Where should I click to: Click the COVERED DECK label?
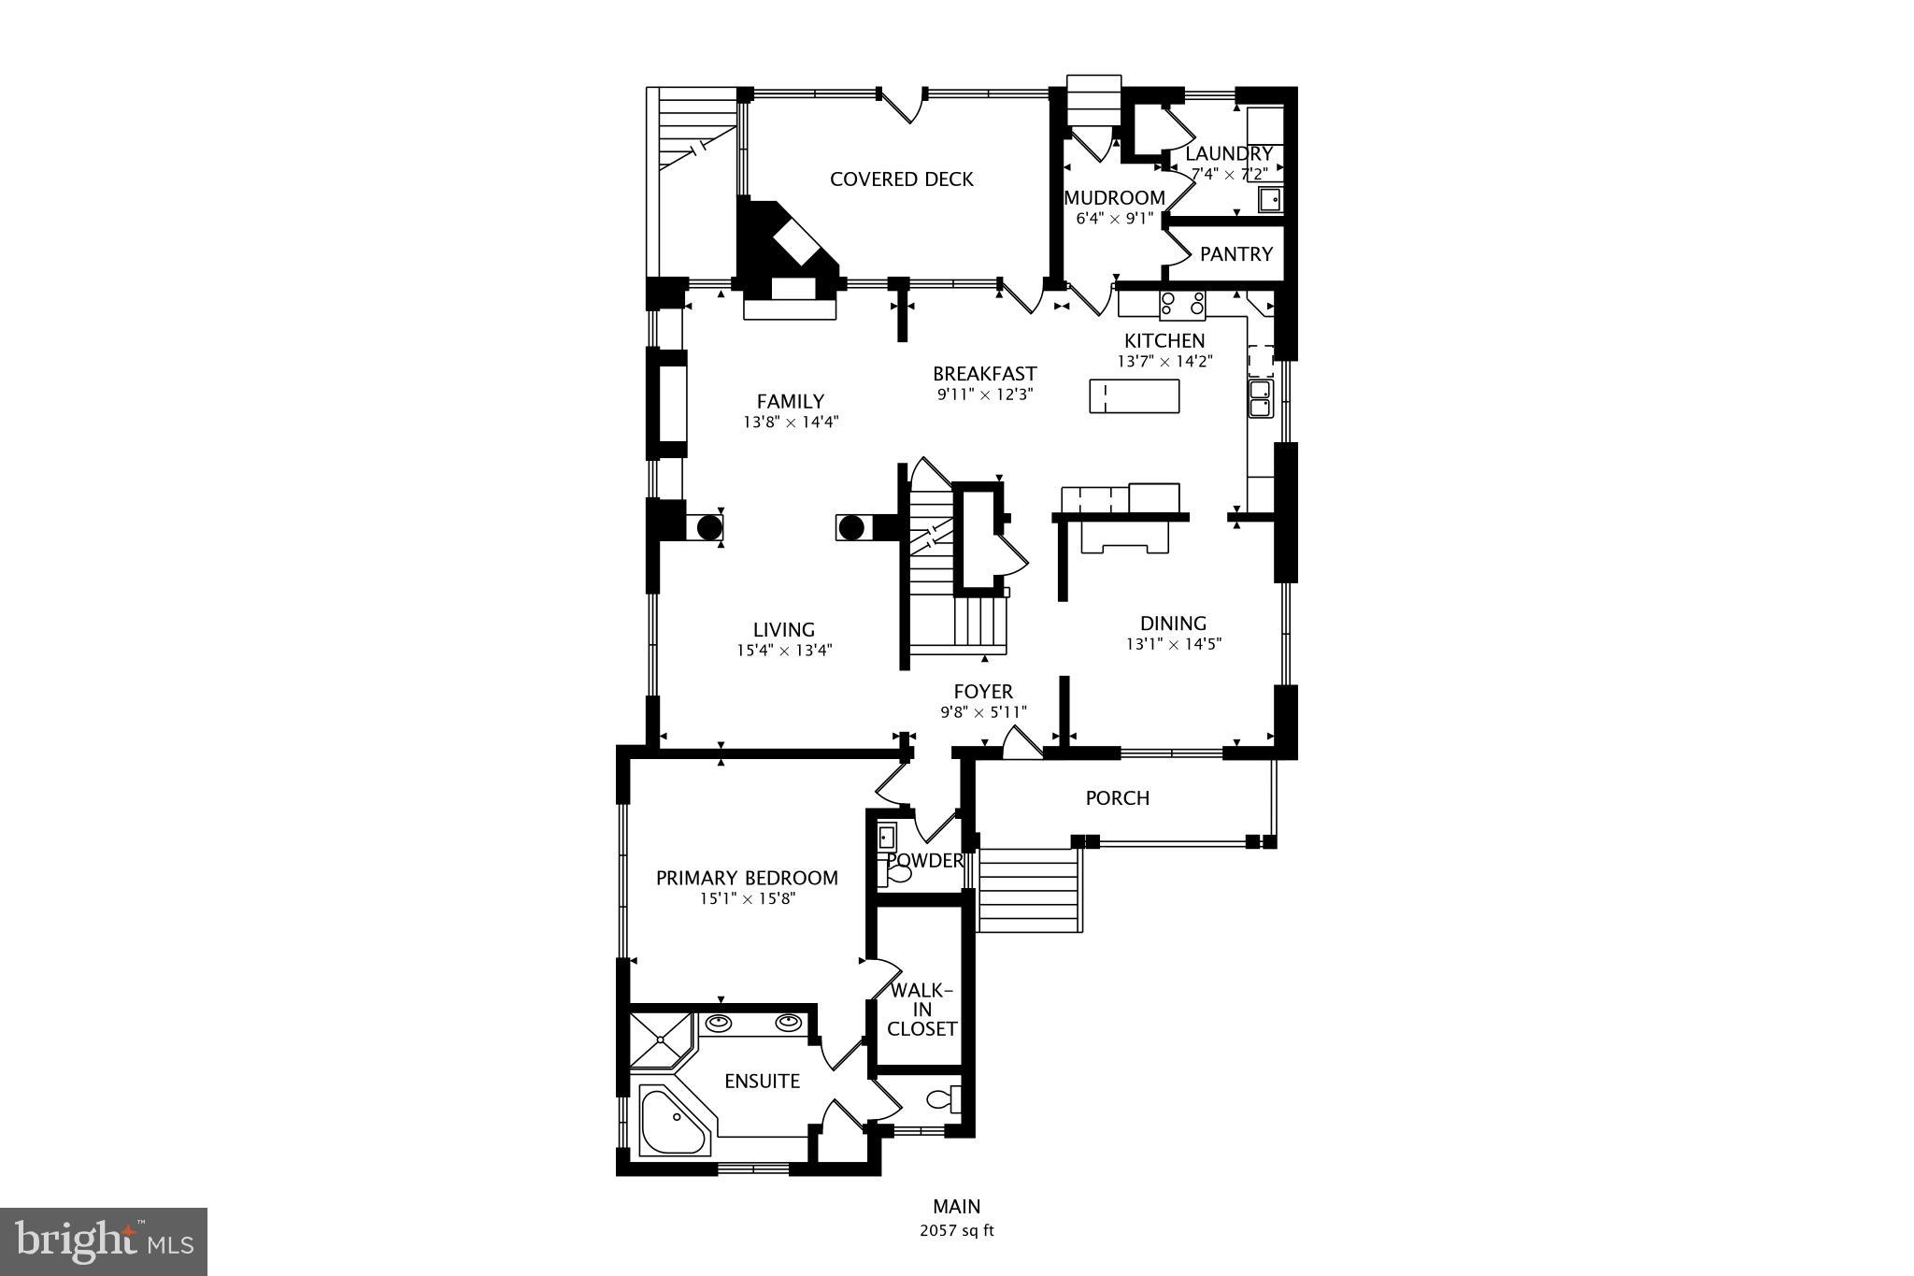(901, 179)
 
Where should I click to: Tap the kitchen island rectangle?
(1134, 396)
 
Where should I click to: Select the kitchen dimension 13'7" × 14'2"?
(1164, 362)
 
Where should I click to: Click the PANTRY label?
(1236, 254)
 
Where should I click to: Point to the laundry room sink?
(1271, 200)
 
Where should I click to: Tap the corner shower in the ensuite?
(660, 1039)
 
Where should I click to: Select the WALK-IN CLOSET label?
(921, 1010)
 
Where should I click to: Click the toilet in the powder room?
(898, 874)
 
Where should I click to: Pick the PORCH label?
(1117, 798)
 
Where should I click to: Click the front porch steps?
(1028, 890)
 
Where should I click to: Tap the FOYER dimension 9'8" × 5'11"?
(983, 712)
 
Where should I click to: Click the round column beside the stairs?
(850, 527)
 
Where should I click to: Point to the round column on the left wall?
(709, 527)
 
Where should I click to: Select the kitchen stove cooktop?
(1182, 305)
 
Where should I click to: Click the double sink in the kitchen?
(1260, 398)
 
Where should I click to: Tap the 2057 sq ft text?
(956, 1231)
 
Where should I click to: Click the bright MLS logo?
(104, 1241)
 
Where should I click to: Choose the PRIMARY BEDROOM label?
(747, 878)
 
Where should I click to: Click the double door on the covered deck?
(902, 104)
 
